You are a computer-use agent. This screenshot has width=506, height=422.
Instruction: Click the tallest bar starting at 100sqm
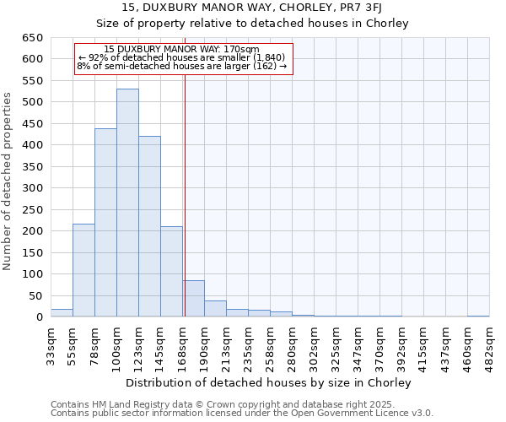127,203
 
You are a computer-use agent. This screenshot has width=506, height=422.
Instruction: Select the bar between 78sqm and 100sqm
105,223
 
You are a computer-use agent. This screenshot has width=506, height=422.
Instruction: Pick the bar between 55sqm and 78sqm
83,270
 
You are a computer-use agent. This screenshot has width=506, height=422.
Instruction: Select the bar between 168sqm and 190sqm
193,299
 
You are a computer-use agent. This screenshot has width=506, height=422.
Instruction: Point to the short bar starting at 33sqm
62,312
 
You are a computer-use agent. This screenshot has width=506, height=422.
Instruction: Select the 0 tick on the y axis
39,317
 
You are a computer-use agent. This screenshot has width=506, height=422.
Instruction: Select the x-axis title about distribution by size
270,382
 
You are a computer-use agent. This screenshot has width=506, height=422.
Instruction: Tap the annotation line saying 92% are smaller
182,57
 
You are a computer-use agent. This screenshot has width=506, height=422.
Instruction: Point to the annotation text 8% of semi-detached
182,66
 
